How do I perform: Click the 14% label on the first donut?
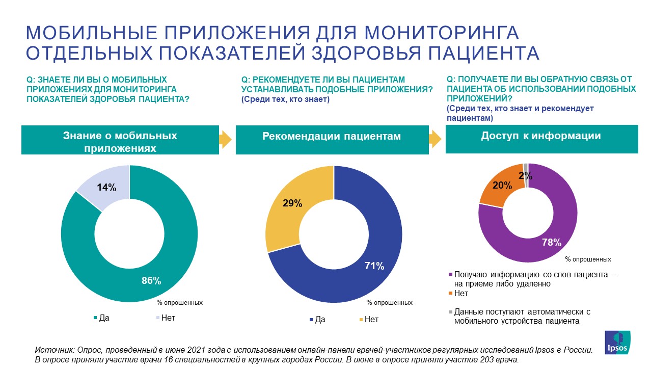coord(107,187)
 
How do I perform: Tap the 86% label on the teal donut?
coord(152,280)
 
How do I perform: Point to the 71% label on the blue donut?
coord(374,266)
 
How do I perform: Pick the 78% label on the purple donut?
coord(552,242)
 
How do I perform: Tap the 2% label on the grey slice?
coord(526,176)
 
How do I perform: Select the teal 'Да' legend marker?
coord(95,318)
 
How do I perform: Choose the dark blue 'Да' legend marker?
coord(311,320)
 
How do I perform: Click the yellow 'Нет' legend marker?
coord(361,320)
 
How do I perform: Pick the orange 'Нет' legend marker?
coord(450,294)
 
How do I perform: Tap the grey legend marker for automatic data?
coord(450,312)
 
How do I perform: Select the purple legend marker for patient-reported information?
coord(450,275)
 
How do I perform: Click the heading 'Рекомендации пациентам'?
coord(332,137)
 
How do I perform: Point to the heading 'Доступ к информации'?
coord(541,136)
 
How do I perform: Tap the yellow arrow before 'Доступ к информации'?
coord(436,139)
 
